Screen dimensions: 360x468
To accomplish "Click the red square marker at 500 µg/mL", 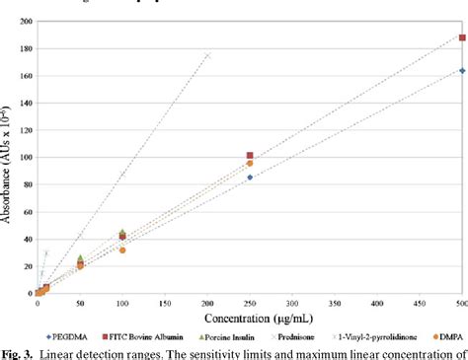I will (462, 37).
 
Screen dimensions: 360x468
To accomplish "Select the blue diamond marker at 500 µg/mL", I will (462, 70).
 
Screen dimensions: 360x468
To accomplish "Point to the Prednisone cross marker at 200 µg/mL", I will (207, 55).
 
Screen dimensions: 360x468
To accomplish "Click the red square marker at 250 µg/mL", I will (250, 156).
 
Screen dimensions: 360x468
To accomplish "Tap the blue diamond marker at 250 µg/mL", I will (250, 177).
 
